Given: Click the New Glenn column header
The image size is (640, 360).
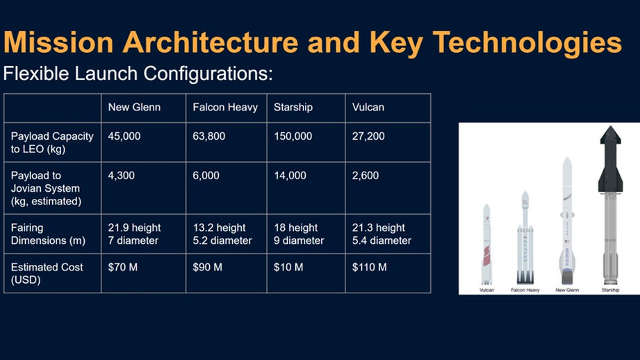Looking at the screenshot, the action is tap(134, 107).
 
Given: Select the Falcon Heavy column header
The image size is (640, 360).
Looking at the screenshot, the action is tap(225, 107).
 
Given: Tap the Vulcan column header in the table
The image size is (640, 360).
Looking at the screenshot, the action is tap(368, 107).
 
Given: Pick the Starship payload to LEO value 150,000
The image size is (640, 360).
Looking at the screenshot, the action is tap(293, 136).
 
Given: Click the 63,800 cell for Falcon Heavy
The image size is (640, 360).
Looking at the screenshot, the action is tap(209, 136).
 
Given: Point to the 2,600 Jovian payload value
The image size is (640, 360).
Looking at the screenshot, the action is tap(366, 176).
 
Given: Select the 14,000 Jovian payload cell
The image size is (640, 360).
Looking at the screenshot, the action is tap(290, 176).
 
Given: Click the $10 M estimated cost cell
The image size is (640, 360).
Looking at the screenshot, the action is tap(288, 268).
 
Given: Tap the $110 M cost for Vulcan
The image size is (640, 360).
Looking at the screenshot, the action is tap(370, 268).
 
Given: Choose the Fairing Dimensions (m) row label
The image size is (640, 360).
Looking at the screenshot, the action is tap(48, 234).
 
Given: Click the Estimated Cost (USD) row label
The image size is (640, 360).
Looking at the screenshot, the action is tap(47, 273).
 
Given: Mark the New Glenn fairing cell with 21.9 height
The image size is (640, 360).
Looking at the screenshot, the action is tap(134, 234).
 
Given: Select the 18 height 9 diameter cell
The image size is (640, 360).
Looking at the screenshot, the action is tap(299, 234).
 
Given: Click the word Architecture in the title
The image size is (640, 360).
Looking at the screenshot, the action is tap(211, 42).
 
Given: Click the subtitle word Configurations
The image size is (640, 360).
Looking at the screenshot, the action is tap(208, 74).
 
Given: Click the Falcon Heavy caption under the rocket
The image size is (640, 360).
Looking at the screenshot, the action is tap(525, 291).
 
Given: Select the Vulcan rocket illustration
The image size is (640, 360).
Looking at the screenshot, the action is tap(486, 244).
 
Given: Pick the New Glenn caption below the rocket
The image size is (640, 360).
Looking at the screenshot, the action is tap(567, 291).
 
